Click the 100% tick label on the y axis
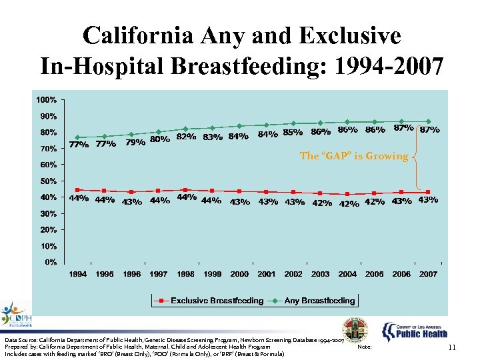point(47,100)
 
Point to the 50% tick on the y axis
point(48,181)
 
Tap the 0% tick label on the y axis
point(51,262)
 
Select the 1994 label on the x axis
point(78,274)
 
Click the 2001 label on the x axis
point(267,274)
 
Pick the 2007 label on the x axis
point(428,274)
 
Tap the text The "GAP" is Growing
point(354,156)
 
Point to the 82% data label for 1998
point(185,137)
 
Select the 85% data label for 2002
point(293,132)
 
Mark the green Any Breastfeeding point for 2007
point(428,121)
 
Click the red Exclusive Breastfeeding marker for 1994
point(78,190)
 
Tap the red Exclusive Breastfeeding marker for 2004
point(347,194)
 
